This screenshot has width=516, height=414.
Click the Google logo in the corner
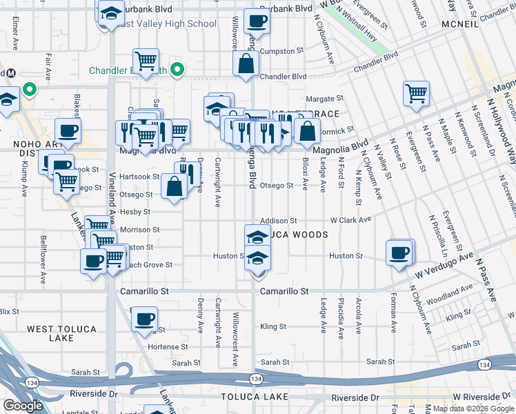tap(23, 406)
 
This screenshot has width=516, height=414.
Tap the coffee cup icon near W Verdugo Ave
tap(399, 253)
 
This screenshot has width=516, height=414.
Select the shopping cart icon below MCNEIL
tap(416, 93)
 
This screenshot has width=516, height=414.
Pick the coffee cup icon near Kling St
tap(144, 319)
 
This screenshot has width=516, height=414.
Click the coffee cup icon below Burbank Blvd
tap(257, 22)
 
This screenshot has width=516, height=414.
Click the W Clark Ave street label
tap(351, 220)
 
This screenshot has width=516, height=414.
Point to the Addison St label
tap(278, 221)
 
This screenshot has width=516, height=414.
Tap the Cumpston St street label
tap(282, 51)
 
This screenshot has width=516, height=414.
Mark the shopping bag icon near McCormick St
tap(308, 130)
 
